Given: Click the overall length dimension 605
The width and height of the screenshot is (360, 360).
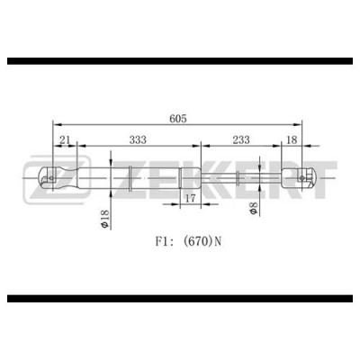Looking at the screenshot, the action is (x=178, y=119).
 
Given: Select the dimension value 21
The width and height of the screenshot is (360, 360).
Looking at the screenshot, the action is (x=65, y=139).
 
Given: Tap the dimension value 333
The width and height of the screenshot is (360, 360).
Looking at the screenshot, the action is (x=138, y=139).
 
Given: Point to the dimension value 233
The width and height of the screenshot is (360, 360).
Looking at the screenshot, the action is (x=241, y=139).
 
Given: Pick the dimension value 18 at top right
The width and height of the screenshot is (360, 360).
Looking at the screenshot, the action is (x=292, y=139).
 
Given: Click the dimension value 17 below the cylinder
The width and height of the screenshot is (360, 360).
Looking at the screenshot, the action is (x=190, y=198).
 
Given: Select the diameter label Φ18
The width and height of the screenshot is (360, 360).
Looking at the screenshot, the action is (x=104, y=219).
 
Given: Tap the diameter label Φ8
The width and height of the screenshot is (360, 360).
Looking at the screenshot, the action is (x=254, y=208).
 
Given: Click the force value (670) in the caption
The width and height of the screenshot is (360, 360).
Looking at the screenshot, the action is (x=197, y=241).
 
